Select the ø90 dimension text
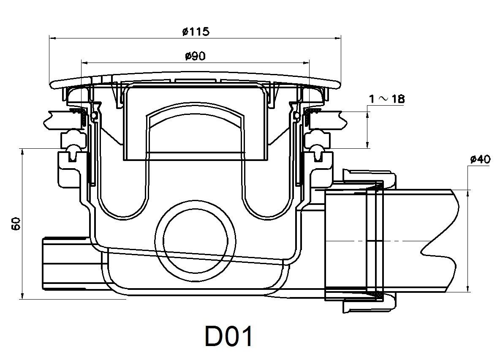tap(195, 56)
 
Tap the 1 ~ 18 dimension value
tap(386, 99)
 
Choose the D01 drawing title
tap(228, 336)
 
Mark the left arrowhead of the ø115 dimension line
tap(52, 38)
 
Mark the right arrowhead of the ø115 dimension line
tap(338, 38)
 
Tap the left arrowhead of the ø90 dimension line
tap(83, 63)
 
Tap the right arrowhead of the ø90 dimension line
tap(307, 63)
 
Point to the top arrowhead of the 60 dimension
tap(21, 151)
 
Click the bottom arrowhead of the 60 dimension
tap(21, 295)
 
